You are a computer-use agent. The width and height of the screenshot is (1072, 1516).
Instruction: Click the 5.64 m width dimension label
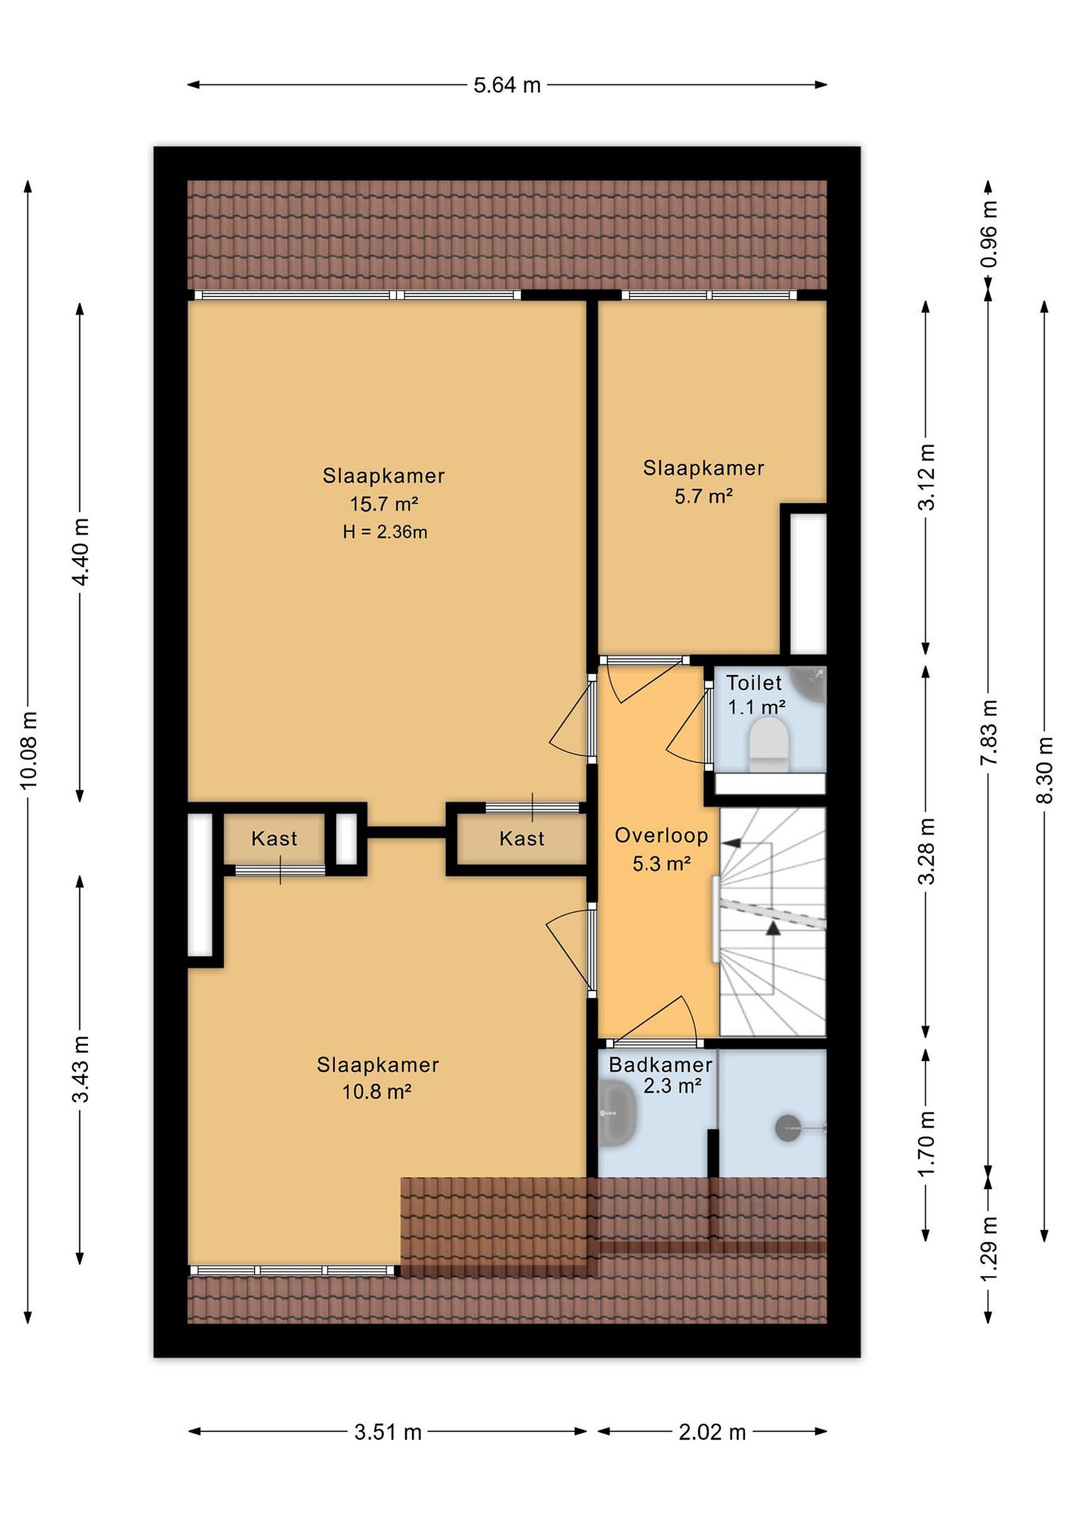pos(507,85)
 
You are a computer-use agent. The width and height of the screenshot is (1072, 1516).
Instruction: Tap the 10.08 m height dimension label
pos(29,751)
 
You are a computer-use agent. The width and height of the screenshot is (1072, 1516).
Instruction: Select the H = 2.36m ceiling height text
pos(385,532)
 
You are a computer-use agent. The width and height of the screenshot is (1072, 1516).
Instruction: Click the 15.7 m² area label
pos(384,504)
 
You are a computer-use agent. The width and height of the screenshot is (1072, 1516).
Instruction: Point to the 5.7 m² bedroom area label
pos(704,496)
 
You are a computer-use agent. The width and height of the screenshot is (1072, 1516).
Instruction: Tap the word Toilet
pos(754,683)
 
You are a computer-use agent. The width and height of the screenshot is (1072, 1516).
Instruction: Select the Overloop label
pos(662,835)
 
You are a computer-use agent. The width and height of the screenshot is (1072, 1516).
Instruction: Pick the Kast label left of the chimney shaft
pos(274,839)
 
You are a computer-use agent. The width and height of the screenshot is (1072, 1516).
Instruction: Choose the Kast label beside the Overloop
pos(522,839)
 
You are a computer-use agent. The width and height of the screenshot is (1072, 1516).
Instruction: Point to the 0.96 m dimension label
pos(989,234)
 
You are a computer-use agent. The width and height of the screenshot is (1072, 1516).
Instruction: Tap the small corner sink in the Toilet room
pos(810,683)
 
